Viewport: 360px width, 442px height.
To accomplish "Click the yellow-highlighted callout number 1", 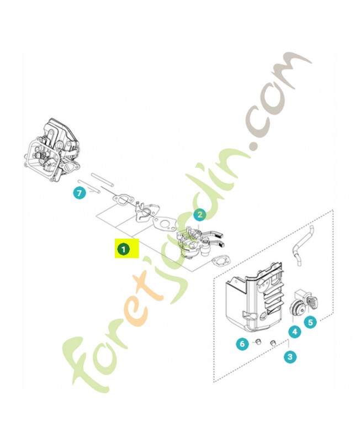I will coord(124,249).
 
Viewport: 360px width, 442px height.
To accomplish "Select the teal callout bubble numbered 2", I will coord(199,215).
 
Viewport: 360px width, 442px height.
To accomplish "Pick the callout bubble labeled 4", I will coord(294,332).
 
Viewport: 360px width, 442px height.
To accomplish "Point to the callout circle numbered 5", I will coord(310,321).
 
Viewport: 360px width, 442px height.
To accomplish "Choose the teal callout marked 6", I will coord(242,344).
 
